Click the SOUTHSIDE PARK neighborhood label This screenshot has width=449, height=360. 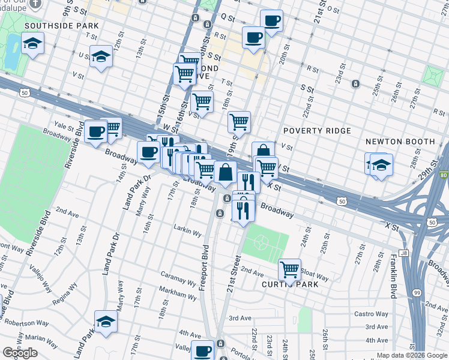62,26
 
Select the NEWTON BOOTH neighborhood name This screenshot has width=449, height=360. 400,142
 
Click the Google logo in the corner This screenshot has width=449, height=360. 20,353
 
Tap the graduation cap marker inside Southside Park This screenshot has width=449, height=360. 32,43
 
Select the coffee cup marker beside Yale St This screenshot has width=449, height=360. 95,131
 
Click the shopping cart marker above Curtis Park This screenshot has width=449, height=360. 290,269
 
